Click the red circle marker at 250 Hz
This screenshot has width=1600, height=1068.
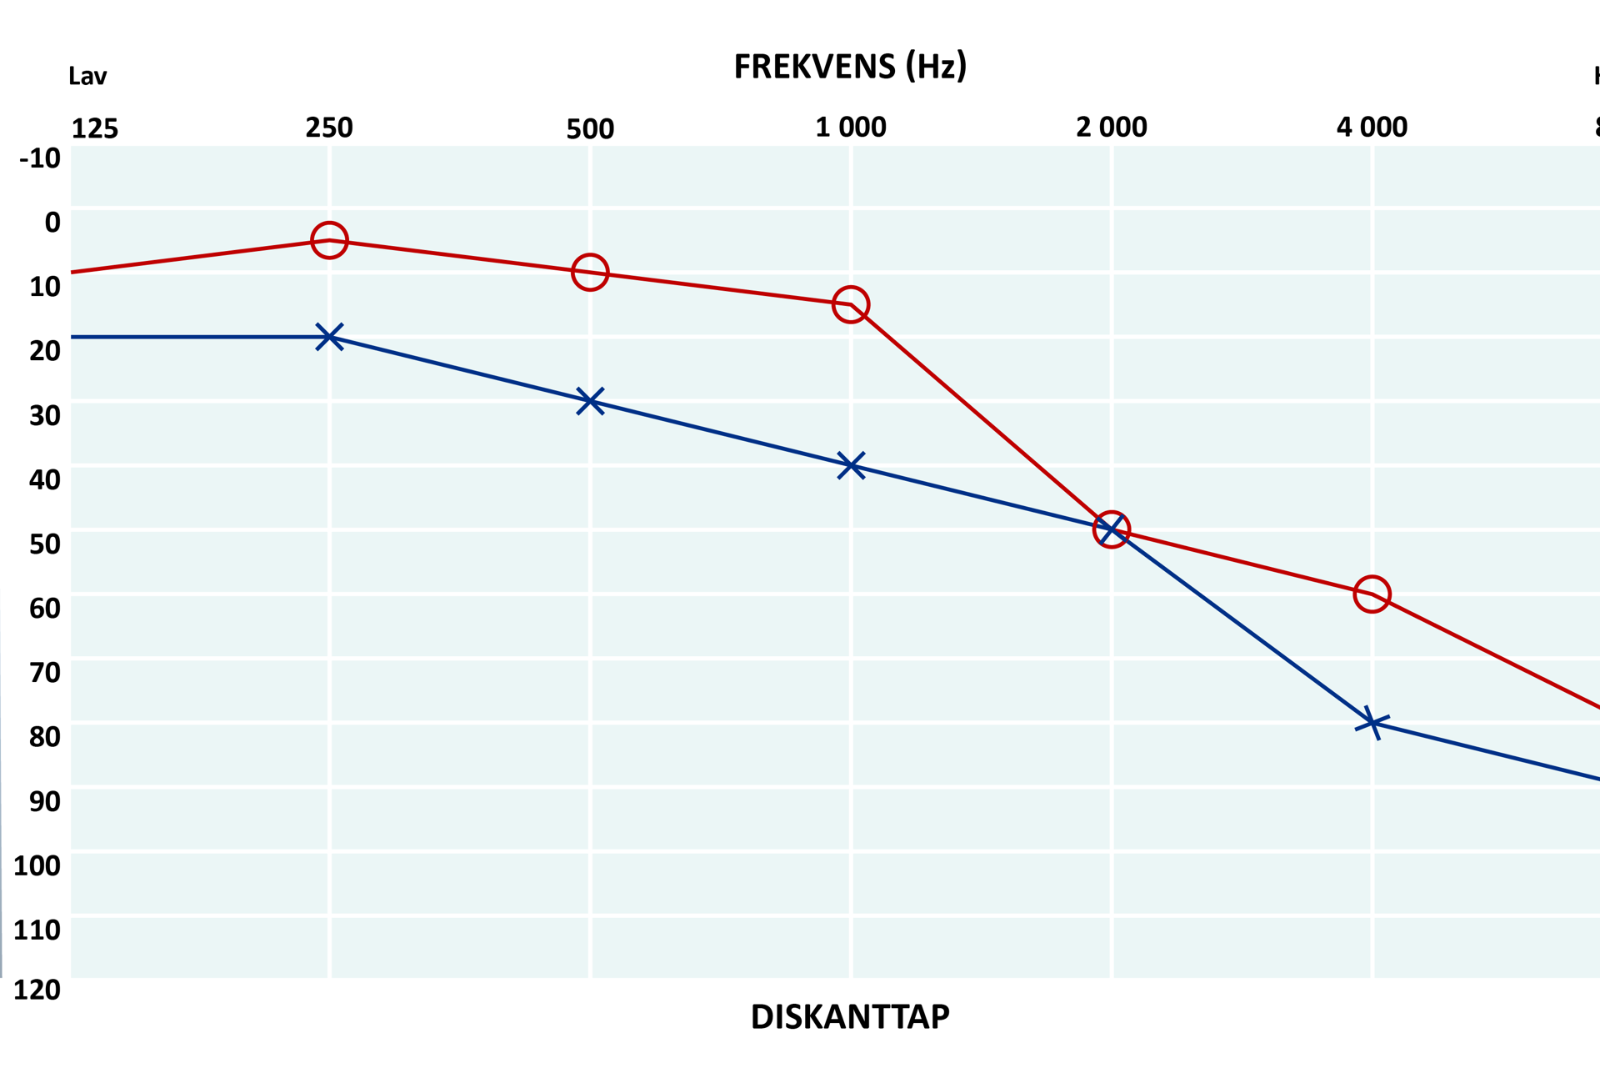tap(329, 240)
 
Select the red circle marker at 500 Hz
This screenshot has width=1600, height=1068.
tap(590, 272)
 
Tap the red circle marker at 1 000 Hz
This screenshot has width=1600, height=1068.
tap(850, 304)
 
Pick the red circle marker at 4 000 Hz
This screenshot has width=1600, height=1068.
tap(1372, 594)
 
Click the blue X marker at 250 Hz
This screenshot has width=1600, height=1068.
tap(329, 337)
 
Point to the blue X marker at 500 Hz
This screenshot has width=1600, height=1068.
tap(590, 401)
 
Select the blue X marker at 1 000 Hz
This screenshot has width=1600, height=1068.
tap(850, 465)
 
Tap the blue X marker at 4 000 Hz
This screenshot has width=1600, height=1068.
tap(1372, 722)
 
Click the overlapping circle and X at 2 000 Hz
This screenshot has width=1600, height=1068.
tap(1111, 529)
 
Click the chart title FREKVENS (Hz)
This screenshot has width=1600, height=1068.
tap(850, 66)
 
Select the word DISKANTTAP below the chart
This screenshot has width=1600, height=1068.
tap(850, 1017)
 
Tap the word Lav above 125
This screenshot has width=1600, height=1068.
tap(87, 77)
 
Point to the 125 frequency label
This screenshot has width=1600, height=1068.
tap(95, 128)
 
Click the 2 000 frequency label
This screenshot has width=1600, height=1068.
tap(1111, 127)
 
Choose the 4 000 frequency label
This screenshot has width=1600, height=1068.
tap(1372, 127)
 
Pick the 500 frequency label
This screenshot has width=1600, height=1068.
tap(590, 128)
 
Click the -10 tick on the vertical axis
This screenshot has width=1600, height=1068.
tap(40, 158)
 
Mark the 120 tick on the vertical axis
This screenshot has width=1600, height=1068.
tap(37, 990)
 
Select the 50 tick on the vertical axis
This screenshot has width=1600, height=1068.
tap(45, 544)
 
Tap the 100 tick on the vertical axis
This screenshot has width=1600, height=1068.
tap(37, 865)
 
